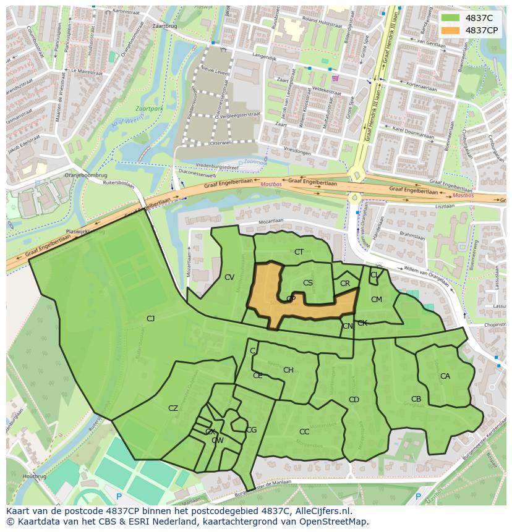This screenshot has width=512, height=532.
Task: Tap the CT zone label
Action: coord(299,252)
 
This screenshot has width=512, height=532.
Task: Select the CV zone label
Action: coord(229,277)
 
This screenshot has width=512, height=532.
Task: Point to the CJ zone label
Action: coord(150,318)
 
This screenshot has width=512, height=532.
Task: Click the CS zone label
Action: coord(308,283)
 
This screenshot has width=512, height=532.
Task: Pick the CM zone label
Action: coord(377,300)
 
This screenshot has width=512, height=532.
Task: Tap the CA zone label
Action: coord(445,376)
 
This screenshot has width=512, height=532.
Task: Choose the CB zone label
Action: coord(416,399)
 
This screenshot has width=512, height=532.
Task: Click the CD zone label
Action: coord(354,400)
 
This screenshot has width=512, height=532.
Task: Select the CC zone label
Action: coord(304,432)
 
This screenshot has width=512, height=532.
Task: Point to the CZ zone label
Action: coord(173,408)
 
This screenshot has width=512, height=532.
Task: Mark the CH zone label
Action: coord(288,370)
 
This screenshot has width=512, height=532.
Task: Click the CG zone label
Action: coord(251,430)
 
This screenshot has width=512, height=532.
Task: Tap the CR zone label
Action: coord(345,284)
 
